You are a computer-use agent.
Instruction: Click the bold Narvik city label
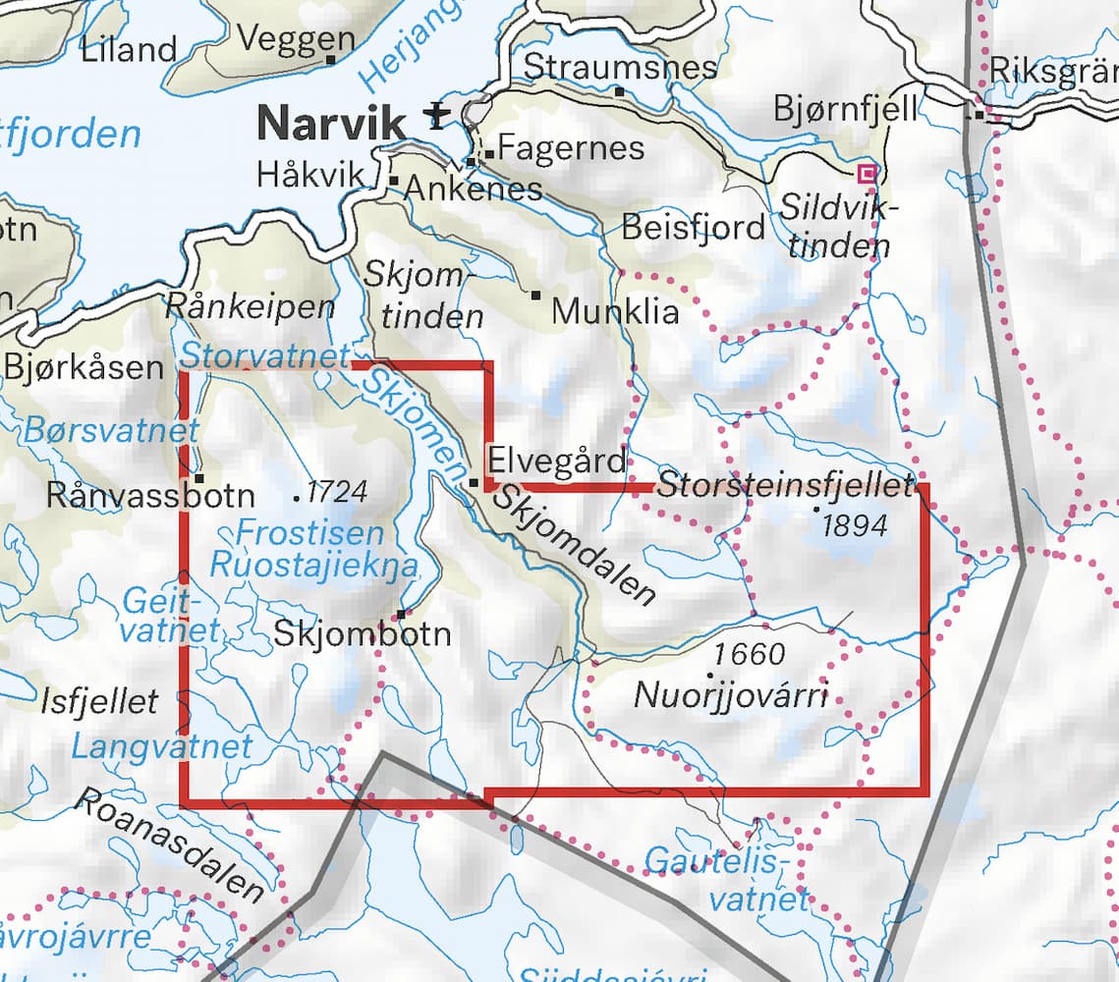(x=330, y=124)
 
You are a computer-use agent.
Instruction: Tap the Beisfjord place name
(x=693, y=227)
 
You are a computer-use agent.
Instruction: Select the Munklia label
(x=615, y=311)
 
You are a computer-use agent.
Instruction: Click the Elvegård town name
(x=557, y=461)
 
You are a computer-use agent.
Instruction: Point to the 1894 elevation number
(x=855, y=525)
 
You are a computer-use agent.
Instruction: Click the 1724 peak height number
(x=336, y=491)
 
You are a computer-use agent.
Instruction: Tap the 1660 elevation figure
(x=750, y=653)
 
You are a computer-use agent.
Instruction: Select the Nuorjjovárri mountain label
(x=731, y=695)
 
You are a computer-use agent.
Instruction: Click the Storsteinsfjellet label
(x=785, y=485)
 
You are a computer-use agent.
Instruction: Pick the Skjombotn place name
(x=363, y=633)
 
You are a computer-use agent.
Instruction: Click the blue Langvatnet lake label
(x=162, y=746)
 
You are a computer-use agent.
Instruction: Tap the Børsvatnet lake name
(x=111, y=430)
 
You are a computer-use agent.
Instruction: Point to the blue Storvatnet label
(x=266, y=355)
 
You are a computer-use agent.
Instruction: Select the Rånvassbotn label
(x=150, y=496)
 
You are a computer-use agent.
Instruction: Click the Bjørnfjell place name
(x=846, y=108)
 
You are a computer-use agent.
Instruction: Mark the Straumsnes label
(x=621, y=67)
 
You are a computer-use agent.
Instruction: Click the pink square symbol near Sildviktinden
(x=866, y=174)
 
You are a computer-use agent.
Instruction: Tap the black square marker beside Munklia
(x=536, y=295)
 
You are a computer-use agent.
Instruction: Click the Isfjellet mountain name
(x=99, y=700)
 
